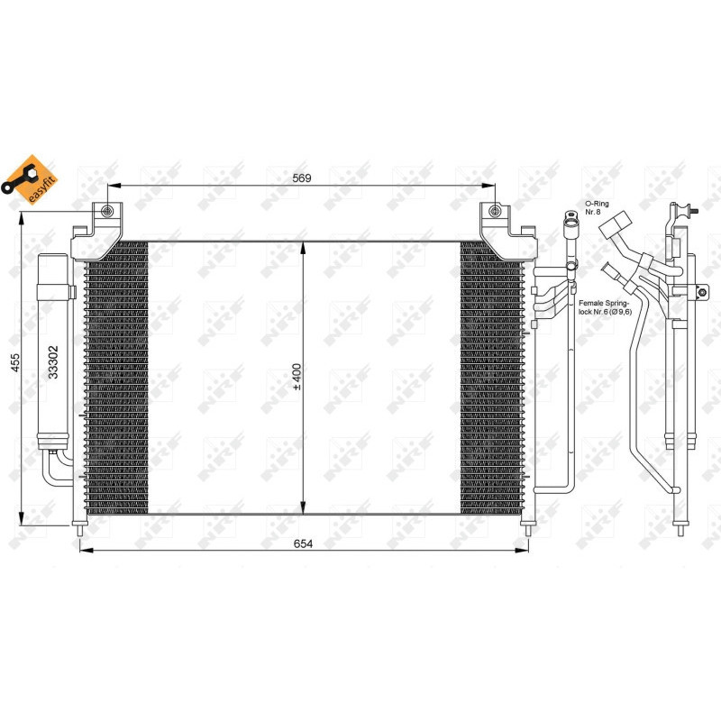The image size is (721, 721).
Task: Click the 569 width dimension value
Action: pos(301,178)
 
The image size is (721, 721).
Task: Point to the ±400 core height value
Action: pos(297,378)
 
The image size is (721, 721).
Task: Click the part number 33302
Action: pos(54,362)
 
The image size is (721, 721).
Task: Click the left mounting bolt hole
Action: pos(108,212)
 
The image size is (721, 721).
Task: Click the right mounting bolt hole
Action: pos(494,212)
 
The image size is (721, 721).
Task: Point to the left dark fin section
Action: pos(116,379)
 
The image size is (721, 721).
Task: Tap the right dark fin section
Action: pos(491,379)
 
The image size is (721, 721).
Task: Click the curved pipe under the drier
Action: pos(56,470)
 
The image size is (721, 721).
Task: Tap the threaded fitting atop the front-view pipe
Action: pos(570,219)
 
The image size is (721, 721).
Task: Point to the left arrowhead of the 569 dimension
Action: pos(113,187)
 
